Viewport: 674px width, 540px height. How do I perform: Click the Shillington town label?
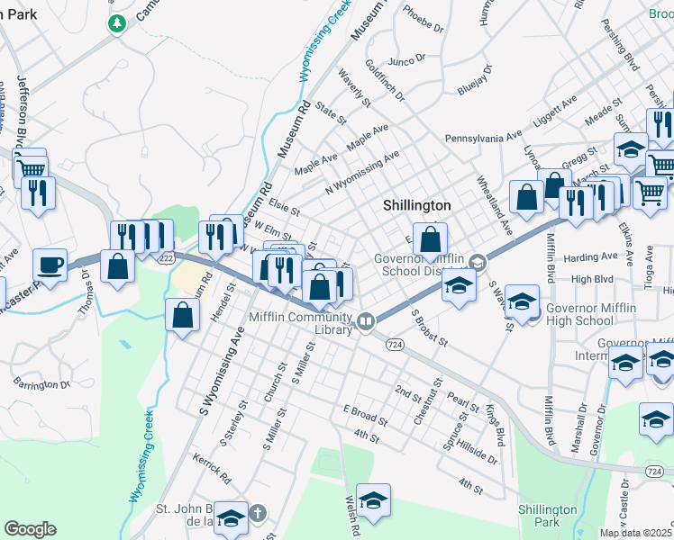click(415, 205)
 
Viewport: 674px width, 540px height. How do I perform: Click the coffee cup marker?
click(50, 265)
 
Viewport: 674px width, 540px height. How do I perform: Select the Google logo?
click(30, 529)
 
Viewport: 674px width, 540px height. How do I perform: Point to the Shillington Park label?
click(547, 516)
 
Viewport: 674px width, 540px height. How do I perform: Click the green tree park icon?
click(116, 22)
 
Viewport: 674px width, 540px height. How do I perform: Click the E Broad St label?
click(364, 415)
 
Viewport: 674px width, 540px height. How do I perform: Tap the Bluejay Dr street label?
click(474, 81)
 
